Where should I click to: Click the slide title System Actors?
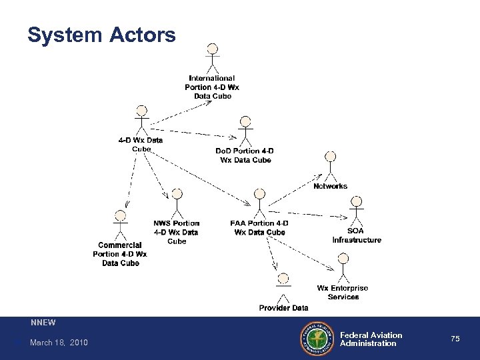click(101, 35)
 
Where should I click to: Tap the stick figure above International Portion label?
click(213, 59)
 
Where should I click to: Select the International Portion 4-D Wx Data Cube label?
click(213, 87)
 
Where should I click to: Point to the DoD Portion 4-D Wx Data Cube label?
click(244, 155)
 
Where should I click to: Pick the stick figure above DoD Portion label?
click(245, 130)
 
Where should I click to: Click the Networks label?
click(330, 186)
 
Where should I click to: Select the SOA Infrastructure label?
click(357, 235)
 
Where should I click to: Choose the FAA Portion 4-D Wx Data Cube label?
click(259, 227)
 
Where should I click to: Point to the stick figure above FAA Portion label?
click(259, 202)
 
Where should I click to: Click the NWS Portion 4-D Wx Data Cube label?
click(177, 232)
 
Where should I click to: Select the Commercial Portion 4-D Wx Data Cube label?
click(120, 254)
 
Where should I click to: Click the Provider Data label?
click(283, 308)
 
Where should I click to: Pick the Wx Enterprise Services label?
click(343, 292)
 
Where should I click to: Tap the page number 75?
click(455, 339)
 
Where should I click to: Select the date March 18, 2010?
click(59, 343)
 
